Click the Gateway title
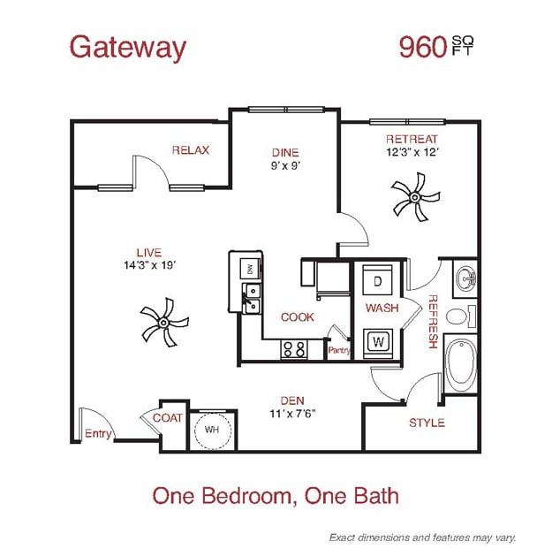click(128, 47)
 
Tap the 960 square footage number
click(423, 47)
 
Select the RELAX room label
click(191, 150)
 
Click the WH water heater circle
click(212, 429)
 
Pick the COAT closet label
click(167, 417)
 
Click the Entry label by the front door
click(98, 433)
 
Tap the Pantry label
click(339, 350)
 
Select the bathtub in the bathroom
click(461, 363)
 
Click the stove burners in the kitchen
click(293, 348)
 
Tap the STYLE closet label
click(427, 423)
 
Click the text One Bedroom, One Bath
click(276, 495)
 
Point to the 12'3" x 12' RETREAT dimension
click(412, 152)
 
